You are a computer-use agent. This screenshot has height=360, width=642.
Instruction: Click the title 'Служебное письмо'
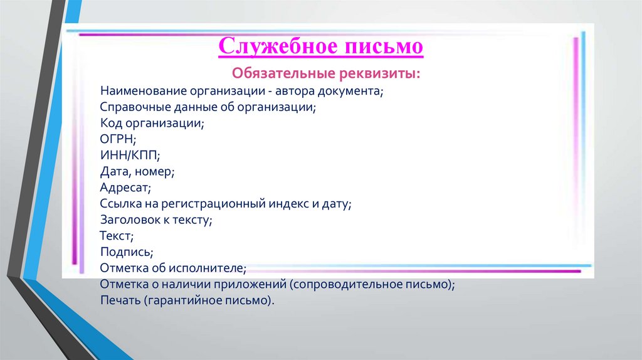tap(320, 46)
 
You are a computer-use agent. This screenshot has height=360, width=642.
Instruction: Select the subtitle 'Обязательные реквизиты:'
tap(327, 73)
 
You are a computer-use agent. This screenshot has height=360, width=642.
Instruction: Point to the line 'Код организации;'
tap(152, 124)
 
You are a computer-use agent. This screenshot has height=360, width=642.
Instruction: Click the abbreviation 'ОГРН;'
tap(117, 139)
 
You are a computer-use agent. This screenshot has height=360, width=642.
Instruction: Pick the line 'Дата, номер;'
tap(137, 171)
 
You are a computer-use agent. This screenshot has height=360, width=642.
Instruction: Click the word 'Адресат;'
tap(125, 188)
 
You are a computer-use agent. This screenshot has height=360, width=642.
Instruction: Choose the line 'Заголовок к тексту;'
tap(156, 220)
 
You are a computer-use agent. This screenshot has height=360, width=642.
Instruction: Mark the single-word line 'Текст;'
tap(117, 236)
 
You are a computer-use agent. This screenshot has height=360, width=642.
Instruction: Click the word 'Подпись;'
tap(126, 252)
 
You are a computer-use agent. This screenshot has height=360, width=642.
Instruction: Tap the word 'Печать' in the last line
tap(120, 300)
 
